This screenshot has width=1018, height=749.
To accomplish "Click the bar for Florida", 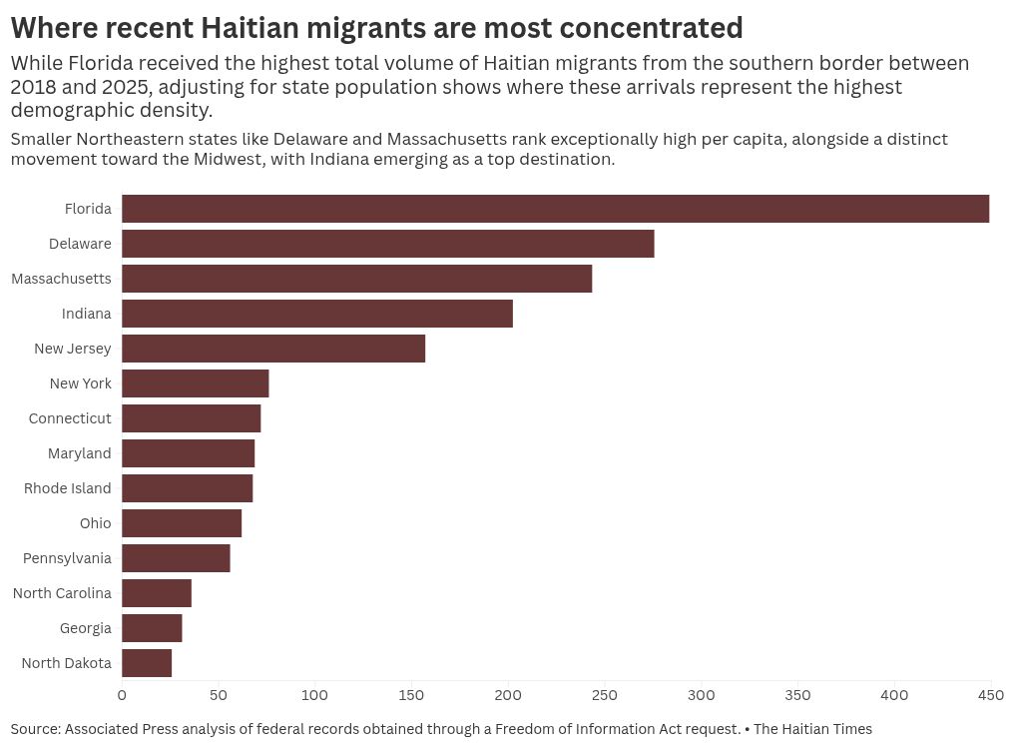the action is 556,209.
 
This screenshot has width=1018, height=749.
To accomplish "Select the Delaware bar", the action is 388,244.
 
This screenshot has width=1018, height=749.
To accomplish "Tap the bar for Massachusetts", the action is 357,279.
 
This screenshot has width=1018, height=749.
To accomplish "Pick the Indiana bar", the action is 317,314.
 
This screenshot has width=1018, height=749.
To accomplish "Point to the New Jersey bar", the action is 273,349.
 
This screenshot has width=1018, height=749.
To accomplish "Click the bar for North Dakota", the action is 147,663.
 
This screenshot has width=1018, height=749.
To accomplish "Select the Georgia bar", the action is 152,628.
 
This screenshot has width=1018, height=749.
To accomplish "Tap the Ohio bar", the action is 182,523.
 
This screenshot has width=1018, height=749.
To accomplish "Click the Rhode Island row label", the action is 68,488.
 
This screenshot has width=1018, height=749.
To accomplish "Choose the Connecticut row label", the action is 70,418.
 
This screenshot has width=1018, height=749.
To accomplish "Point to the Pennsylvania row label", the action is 67,558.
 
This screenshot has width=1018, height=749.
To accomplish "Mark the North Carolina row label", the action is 62,593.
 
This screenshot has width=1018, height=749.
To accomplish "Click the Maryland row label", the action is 79,453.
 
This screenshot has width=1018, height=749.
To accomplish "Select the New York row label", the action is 81,383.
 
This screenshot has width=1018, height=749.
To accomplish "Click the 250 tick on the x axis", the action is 605,695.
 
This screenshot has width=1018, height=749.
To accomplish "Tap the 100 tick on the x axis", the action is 314,695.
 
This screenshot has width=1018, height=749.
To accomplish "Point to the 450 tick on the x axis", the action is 991,695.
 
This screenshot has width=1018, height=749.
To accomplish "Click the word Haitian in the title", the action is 250,28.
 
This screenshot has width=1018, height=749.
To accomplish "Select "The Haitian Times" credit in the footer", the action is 812,729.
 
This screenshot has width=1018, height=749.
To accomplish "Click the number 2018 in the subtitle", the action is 33,87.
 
